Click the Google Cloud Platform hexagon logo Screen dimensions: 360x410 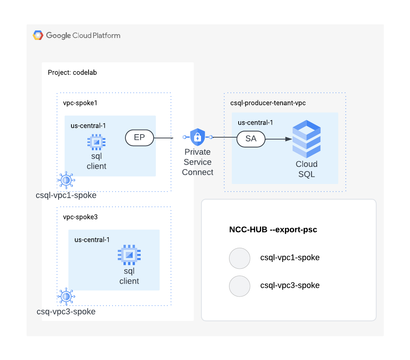(38, 35)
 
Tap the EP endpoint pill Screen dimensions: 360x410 (139, 138)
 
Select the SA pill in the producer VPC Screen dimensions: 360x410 (251, 139)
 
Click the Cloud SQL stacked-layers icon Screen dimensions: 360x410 (306, 139)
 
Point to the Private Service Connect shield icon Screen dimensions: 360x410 (198, 137)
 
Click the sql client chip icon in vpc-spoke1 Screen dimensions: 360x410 (97, 142)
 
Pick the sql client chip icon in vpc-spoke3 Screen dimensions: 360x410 (129, 255)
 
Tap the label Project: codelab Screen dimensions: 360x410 (72, 72)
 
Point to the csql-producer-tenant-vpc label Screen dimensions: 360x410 (268, 103)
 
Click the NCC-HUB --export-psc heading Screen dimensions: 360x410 (273, 230)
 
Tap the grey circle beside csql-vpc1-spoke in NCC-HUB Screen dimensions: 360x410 (240, 258)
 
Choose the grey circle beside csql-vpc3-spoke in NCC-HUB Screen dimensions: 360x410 (240, 286)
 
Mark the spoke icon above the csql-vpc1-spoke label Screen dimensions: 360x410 (66, 180)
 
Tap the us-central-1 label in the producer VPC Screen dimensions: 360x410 (255, 122)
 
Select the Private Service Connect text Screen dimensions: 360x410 (198, 162)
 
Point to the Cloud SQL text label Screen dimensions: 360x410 (307, 169)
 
